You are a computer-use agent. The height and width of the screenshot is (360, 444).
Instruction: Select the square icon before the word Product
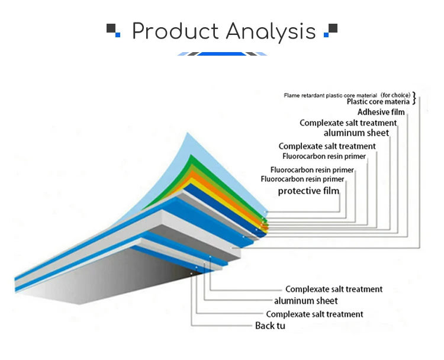pyautogui.click(x=112, y=30)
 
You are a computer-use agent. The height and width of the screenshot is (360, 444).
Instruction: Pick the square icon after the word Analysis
pyautogui.click(x=332, y=30)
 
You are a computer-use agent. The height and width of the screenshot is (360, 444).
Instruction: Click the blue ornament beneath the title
pyautogui.click(x=222, y=54)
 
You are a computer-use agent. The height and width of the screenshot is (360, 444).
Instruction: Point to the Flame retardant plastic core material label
pyautogui.click(x=330, y=95)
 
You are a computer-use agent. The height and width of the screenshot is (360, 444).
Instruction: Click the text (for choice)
pyautogui.click(x=395, y=95)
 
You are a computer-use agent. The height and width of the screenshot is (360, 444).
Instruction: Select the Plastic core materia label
pyautogui.click(x=378, y=101)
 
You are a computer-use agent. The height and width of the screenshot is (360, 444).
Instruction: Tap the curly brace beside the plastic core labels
pyautogui.click(x=414, y=98)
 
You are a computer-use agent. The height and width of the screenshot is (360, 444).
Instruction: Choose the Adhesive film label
pyautogui.click(x=381, y=112)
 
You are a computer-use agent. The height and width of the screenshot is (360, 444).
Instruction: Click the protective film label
pyautogui.click(x=308, y=191)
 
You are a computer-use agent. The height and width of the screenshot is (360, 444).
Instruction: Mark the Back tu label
pyautogui.click(x=270, y=326)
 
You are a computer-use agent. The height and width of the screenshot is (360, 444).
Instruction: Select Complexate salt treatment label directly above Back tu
pyautogui.click(x=314, y=314)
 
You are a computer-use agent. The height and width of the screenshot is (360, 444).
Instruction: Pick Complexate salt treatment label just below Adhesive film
pyautogui.click(x=348, y=123)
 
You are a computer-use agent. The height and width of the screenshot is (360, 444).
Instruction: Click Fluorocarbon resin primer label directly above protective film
pyautogui.click(x=302, y=179)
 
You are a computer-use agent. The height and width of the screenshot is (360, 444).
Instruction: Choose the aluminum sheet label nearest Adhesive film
pyautogui.click(x=356, y=133)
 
